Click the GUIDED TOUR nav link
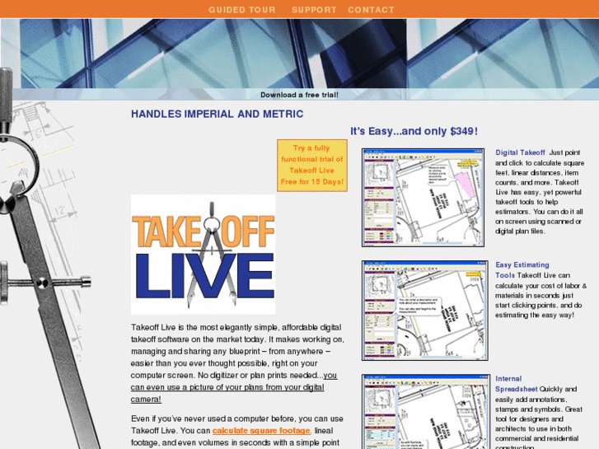241,10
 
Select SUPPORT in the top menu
314,10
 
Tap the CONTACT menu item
371,10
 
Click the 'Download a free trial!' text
299,95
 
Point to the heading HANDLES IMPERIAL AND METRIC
217,115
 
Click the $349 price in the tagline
464,131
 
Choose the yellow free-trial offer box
311,165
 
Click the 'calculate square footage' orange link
261,431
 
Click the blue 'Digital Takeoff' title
520,152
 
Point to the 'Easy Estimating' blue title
522,265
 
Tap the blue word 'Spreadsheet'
517,389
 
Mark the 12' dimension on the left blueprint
61,211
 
